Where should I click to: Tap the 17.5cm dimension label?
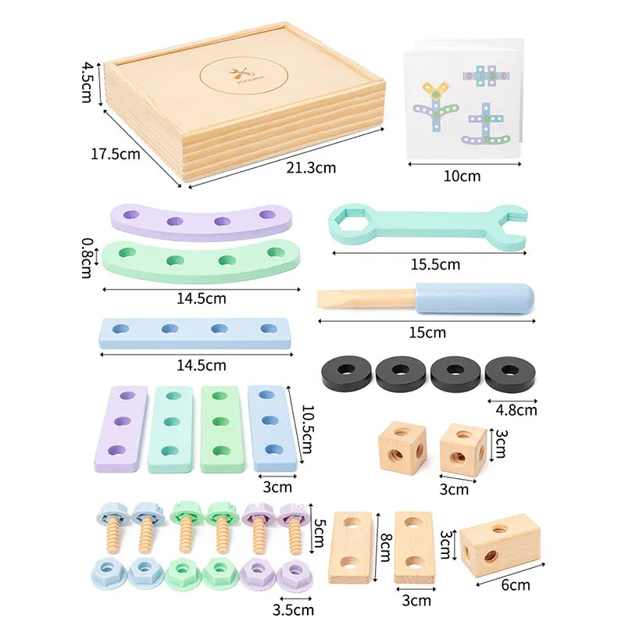click(116, 153)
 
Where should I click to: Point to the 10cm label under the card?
click(462, 176)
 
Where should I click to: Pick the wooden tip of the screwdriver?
click(363, 299)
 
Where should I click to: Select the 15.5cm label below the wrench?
click(435, 264)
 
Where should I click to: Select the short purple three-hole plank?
click(120, 428)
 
